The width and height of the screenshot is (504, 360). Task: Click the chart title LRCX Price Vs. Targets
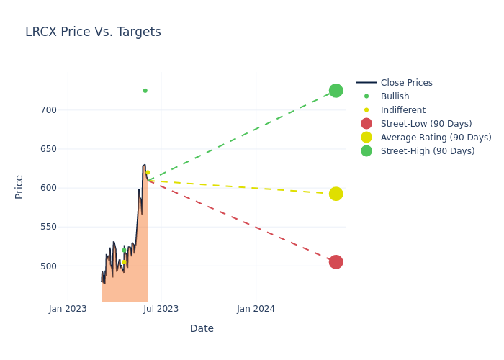click(x=93, y=32)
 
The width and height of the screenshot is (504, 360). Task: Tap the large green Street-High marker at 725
click(x=336, y=91)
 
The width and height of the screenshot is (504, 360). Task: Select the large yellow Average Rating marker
click(x=336, y=194)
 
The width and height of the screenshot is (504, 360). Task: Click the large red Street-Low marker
click(x=336, y=262)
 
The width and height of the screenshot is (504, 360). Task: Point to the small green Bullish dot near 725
click(x=145, y=91)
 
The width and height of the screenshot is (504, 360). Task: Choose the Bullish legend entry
click(x=395, y=96)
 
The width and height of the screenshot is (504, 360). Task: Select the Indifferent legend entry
click(x=402, y=110)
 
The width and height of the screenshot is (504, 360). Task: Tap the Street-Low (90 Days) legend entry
click(x=426, y=124)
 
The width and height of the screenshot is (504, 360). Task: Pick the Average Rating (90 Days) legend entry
click(x=436, y=138)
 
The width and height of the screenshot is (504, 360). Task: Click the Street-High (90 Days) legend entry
click(x=427, y=151)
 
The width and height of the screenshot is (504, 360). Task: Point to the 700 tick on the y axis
click(x=48, y=110)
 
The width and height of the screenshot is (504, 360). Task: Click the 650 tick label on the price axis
click(x=48, y=149)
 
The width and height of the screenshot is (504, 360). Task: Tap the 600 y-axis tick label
click(x=48, y=188)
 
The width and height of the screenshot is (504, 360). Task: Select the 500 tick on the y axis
click(x=48, y=266)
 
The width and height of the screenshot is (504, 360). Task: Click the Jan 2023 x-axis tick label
click(x=68, y=309)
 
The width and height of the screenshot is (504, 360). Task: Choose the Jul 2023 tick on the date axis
click(x=161, y=309)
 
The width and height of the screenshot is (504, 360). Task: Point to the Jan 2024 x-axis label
click(x=256, y=309)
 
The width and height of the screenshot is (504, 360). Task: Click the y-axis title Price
click(x=19, y=186)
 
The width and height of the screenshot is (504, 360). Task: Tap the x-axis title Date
click(x=202, y=329)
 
